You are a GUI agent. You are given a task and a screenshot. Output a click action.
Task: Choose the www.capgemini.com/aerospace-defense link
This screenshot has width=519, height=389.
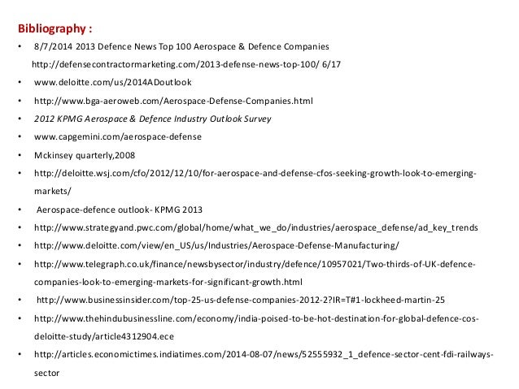click(117, 136)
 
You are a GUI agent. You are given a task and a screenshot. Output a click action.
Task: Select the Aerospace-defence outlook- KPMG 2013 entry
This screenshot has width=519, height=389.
click(116, 209)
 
